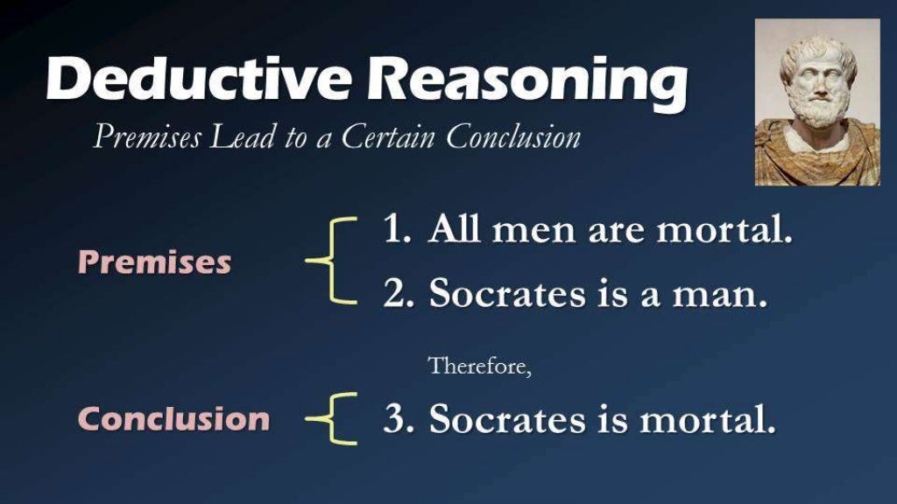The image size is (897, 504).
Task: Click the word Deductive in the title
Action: click(x=198, y=80)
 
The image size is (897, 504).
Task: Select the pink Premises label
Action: click(x=154, y=262)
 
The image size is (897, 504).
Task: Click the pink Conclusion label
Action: click(x=173, y=418)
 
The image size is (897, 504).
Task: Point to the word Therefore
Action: click(x=479, y=366)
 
